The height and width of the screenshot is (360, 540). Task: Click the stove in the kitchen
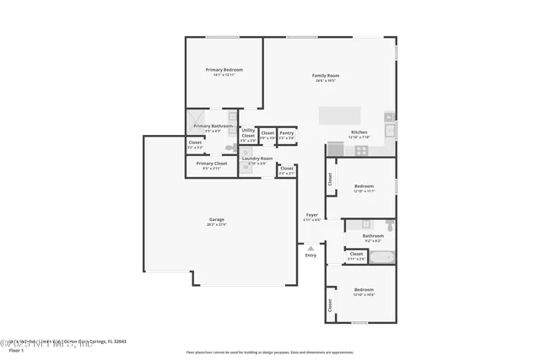pos(361,150)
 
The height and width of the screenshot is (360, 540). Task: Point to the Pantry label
pos(287,133)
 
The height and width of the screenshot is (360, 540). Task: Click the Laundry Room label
pos(257,159)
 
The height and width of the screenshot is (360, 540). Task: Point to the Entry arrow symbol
pos(310,248)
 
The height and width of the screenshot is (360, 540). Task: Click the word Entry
pos(310,255)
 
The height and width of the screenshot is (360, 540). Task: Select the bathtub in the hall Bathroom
pos(381,257)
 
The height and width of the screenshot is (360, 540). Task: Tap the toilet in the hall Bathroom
pos(389,226)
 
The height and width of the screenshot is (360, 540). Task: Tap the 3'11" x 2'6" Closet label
pos(356,255)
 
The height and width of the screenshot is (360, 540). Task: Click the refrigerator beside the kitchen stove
pos(335,149)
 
